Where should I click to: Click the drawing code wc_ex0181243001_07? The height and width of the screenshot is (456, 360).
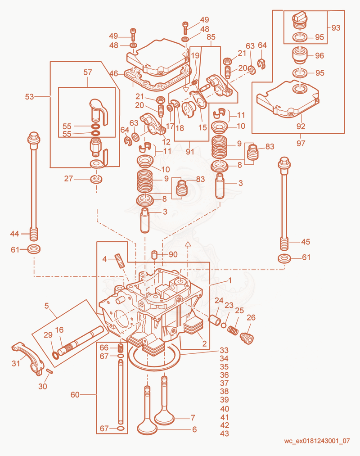coord(317,441)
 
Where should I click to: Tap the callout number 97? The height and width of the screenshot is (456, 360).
coord(301,144)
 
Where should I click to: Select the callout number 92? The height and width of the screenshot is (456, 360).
coord(301,126)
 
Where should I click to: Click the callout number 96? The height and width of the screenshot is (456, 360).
coord(319,55)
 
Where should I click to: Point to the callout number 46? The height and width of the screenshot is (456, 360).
coord(114,73)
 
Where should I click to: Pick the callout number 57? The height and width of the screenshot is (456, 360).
coord(88,72)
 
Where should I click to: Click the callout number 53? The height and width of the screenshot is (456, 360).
coord(30,96)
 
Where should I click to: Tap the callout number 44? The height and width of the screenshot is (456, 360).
coord(14,234)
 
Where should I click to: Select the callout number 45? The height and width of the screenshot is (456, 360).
coord(306,242)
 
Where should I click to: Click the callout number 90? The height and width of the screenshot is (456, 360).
coord(173,254)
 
